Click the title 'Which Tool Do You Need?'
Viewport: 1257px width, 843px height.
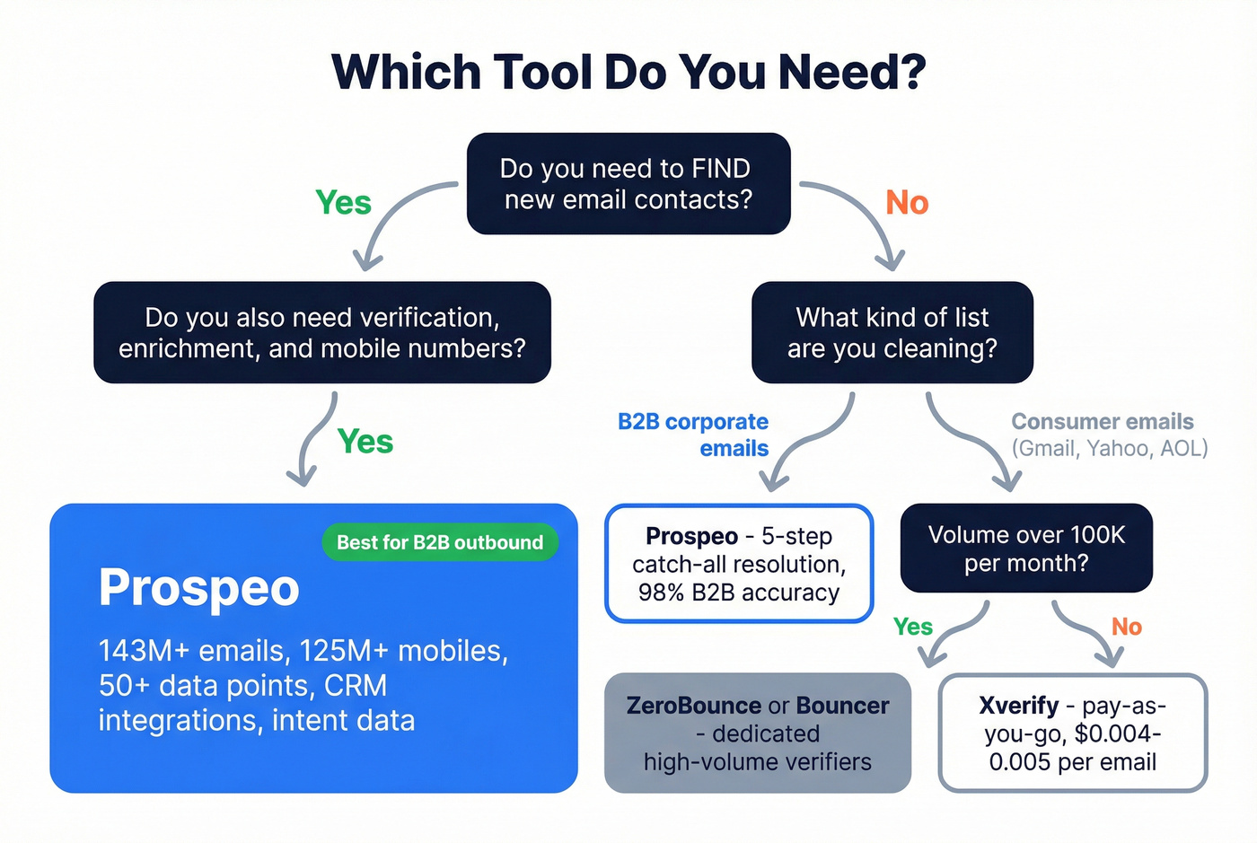pos(628,72)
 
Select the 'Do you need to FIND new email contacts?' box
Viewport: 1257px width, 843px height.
pos(628,184)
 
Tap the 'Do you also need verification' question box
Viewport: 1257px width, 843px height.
pos(321,332)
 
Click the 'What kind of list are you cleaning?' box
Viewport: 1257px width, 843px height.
pos(892,332)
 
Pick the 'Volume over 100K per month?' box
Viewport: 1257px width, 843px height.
pos(1025,548)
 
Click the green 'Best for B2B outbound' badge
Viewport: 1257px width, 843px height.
pos(440,542)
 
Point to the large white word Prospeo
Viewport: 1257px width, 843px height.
pos(198,588)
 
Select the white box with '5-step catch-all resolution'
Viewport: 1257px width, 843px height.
pos(739,564)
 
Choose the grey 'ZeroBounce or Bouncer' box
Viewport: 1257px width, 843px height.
pos(757,733)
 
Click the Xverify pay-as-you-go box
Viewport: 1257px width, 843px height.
pos(1072,733)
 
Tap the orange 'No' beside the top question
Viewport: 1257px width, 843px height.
pos(907,203)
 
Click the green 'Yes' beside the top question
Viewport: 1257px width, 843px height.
pos(343,203)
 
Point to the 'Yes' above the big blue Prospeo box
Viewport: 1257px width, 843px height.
pos(365,442)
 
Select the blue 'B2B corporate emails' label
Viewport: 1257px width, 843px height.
pos(693,435)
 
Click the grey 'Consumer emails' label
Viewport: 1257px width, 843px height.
pos(1103,422)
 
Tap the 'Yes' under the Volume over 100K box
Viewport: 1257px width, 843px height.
pos(912,627)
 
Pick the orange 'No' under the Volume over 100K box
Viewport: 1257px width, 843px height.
pos(1127,627)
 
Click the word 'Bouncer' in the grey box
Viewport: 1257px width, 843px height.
pos(842,706)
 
